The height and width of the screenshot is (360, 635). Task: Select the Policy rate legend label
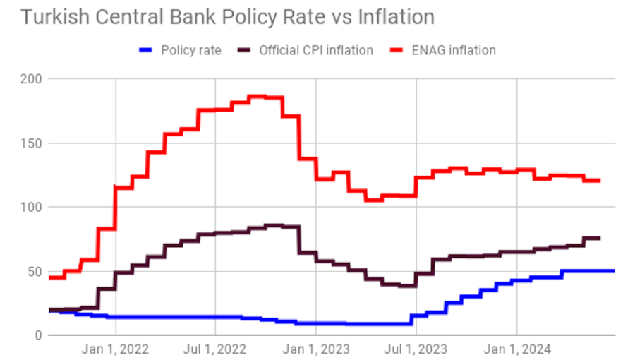(x=190, y=50)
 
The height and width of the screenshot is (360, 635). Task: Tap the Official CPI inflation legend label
(x=316, y=50)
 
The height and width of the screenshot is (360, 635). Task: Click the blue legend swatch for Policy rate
(x=146, y=50)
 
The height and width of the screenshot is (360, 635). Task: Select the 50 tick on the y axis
(x=32, y=272)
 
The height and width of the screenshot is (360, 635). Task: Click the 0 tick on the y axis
(x=36, y=335)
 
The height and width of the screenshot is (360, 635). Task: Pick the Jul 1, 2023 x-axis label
(x=416, y=349)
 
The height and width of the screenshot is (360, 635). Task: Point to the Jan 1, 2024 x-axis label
(x=517, y=349)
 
